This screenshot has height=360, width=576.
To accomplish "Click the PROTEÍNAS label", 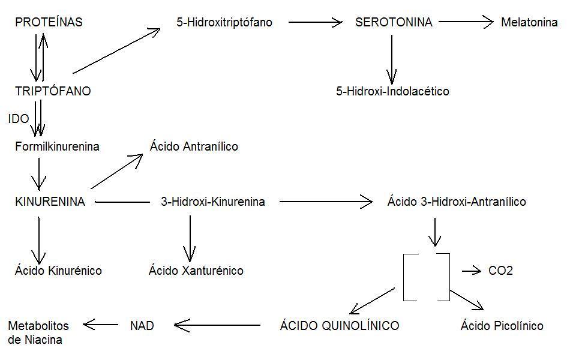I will [49, 23].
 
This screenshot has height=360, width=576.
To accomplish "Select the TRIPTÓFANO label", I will [53, 91].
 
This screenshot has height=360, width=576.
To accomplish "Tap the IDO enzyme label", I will [19, 119].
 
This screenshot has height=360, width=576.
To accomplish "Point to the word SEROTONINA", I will [394, 23].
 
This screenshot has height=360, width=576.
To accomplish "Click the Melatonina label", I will [529, 23].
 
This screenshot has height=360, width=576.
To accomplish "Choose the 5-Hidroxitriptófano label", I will [224, 23].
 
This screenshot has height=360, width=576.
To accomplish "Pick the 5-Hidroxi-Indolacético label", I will [392, 91].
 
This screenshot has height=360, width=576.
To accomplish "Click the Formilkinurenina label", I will [58, 146].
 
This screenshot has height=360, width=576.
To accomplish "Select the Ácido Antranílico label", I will [194, 146].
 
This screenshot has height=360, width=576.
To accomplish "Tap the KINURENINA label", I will [50, 202].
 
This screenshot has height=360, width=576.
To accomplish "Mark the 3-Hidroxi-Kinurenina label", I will [213, 202].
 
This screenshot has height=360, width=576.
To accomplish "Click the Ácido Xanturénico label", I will [196, 271].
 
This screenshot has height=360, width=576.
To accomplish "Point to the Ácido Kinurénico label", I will [58, 271].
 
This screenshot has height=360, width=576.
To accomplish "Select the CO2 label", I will [500, 271].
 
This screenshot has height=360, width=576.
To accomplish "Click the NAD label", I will [142, 326].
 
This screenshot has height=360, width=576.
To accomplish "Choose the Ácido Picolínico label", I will [502, 326].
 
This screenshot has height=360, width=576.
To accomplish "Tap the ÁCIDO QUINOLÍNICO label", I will [340, 326].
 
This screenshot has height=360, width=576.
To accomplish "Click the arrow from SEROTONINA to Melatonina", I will [466, 23].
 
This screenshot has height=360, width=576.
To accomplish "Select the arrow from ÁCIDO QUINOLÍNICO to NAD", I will [217, 326].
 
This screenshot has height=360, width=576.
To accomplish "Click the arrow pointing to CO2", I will [472, 271].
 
